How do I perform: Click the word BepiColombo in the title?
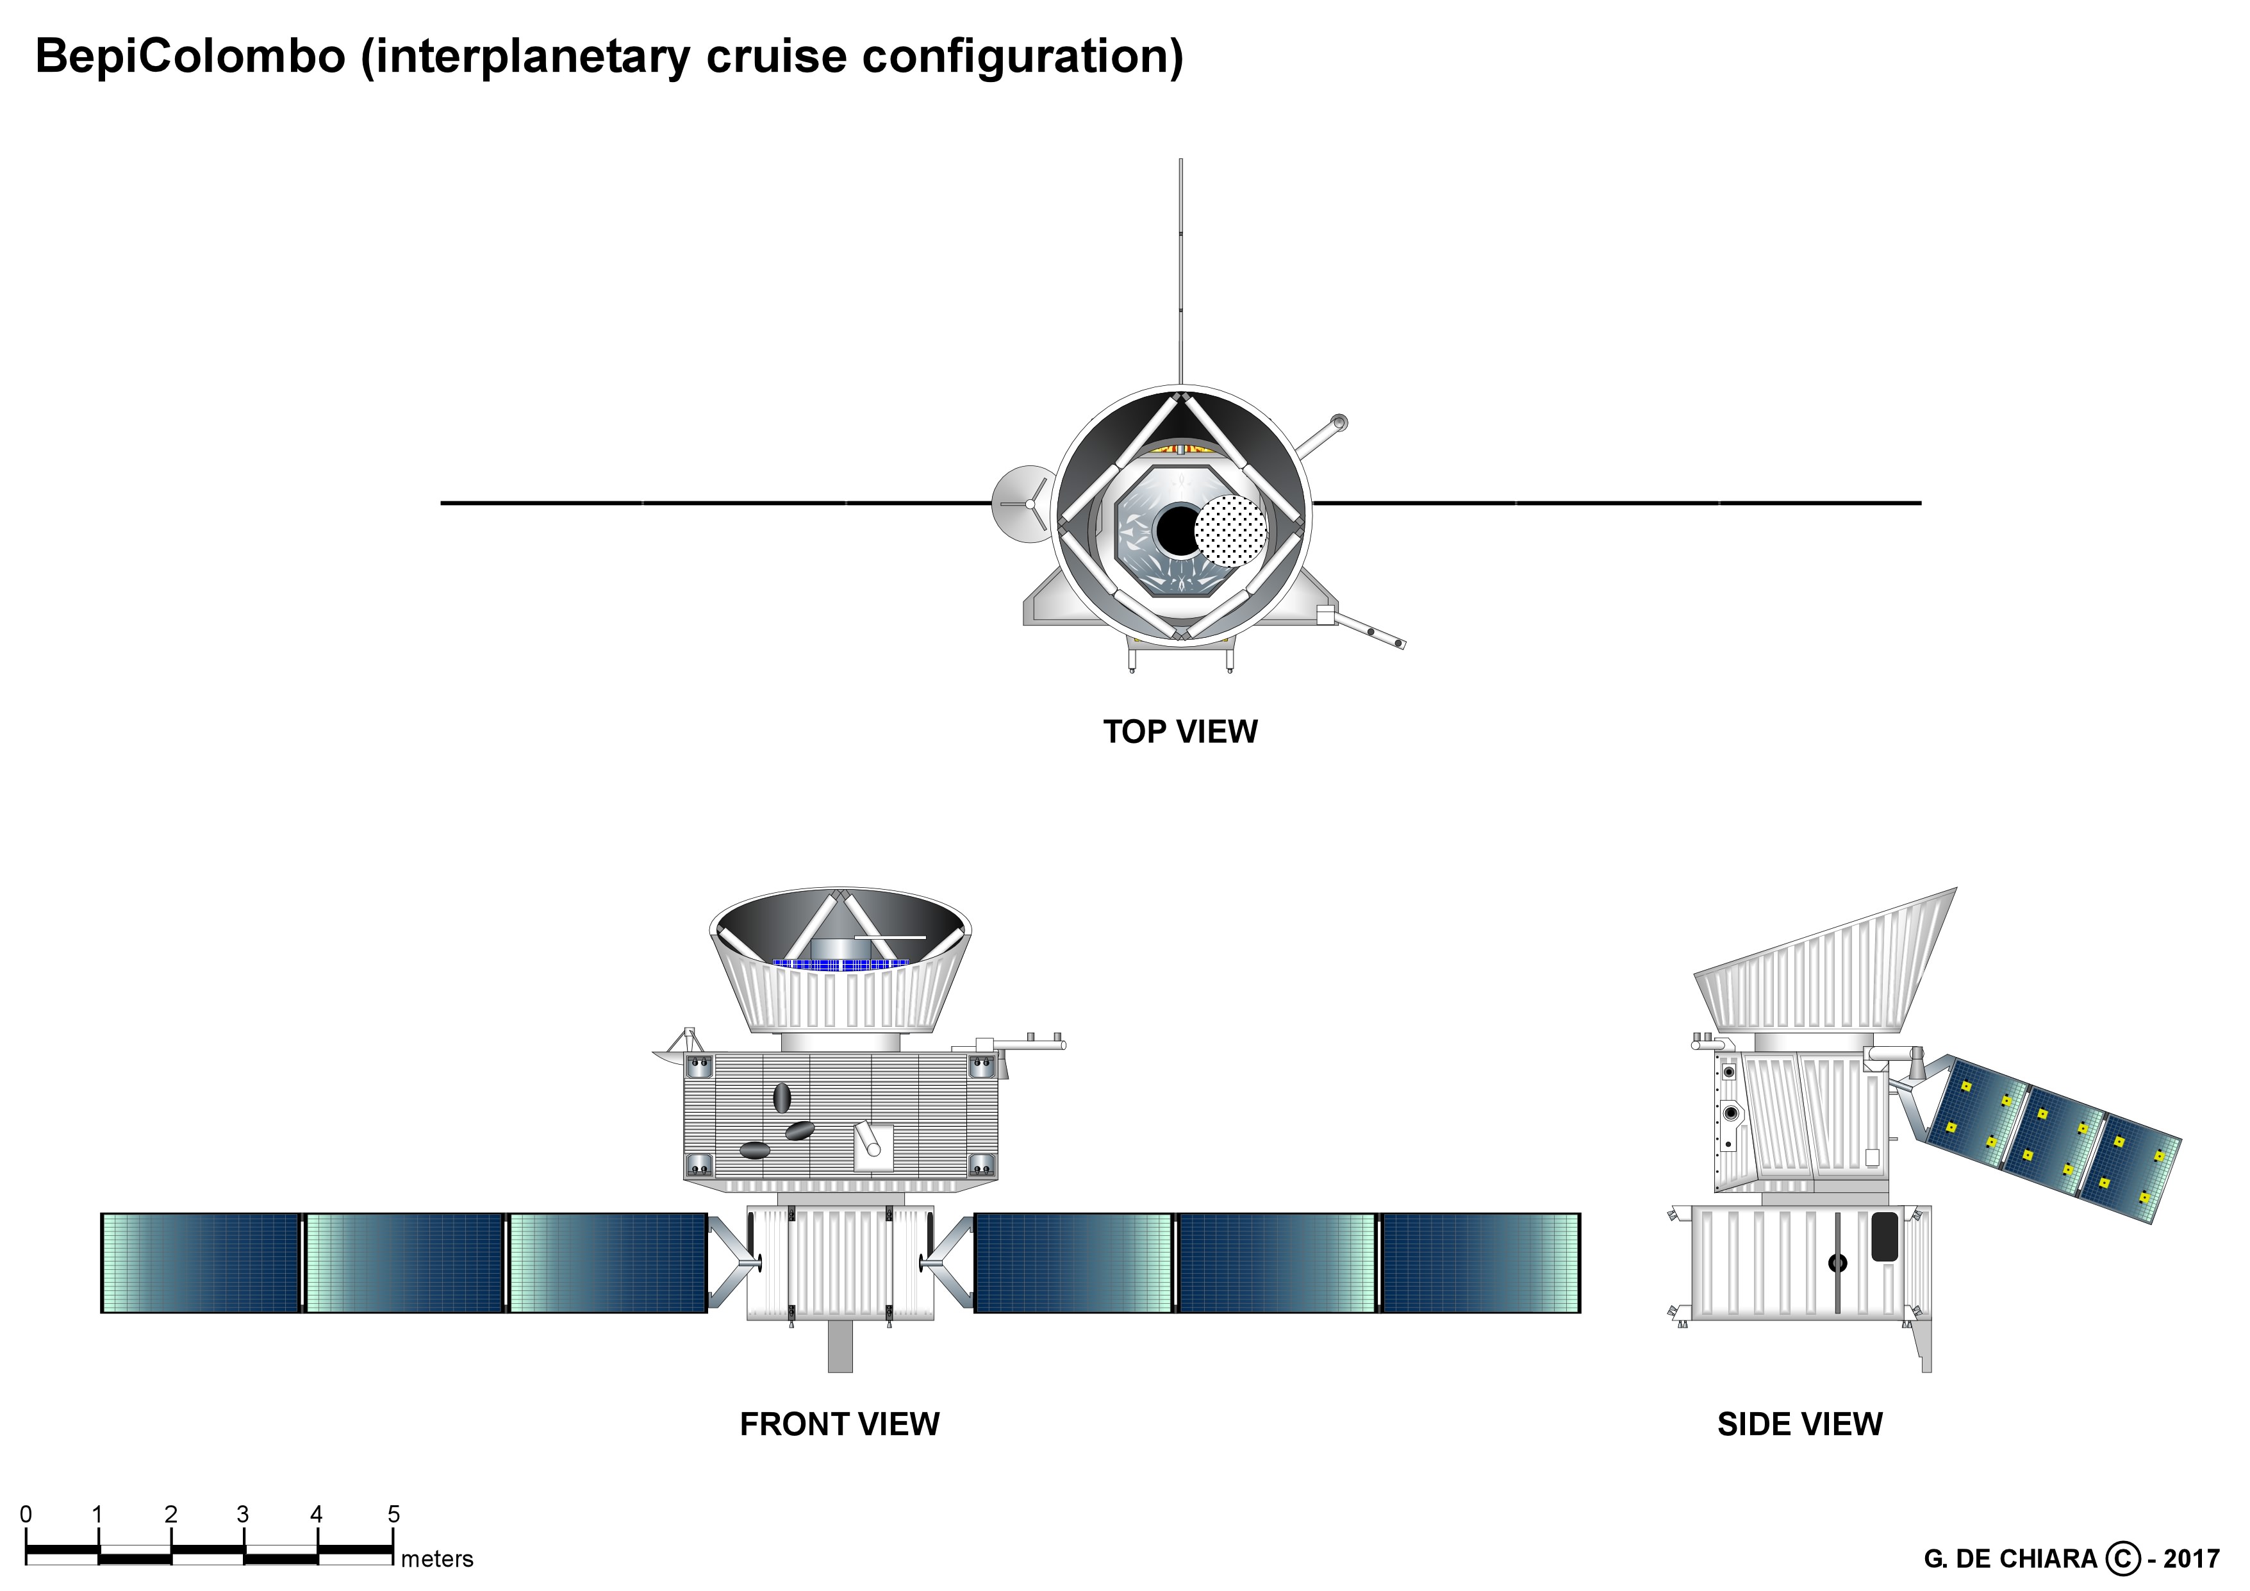[x=191, y=56]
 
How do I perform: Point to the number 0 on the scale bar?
[x=26, y=1515]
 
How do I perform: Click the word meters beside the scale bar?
[x=437, y=1559]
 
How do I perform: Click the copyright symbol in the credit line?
[x=2122, y=1559]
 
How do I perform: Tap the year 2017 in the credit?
[x=2191, y=1559]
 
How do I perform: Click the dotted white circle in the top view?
[x=1231, y=530]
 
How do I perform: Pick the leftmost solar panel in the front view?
[x=201, y=1263]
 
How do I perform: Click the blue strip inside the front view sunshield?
[x=841, y=965]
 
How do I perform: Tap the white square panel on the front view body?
[x=873, y=1147]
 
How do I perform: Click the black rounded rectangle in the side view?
[x=1885, y=1237]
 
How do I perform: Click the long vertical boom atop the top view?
[x=1181, y=272]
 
